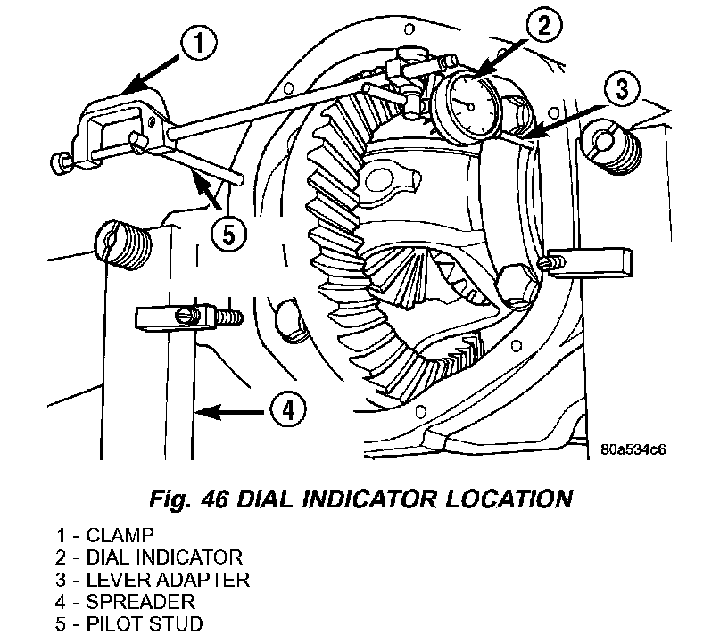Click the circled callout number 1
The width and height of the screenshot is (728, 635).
click(199, 43)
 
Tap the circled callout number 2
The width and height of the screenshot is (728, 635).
click(543, 25)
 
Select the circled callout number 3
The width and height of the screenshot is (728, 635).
click(623, 88)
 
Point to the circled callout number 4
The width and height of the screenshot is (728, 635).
click(288, 410)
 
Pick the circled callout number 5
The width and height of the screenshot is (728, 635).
click(229, 235)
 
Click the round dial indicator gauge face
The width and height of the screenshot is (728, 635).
click(469, 106)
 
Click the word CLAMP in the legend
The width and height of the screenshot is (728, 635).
click(120, 535)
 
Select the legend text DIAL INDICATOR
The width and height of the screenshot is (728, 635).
click(164, 557)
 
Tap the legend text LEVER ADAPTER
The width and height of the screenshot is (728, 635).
click(168, 580)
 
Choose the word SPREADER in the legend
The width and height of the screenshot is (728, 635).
click(141, 602)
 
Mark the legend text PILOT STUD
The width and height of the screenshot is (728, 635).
click(145, 623)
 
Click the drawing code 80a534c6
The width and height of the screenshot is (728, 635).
click(633, 449)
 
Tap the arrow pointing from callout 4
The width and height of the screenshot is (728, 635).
click(232, 411)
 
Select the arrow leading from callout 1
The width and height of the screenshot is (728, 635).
click(152, 72)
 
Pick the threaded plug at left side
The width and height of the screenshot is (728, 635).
click(122, 244)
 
